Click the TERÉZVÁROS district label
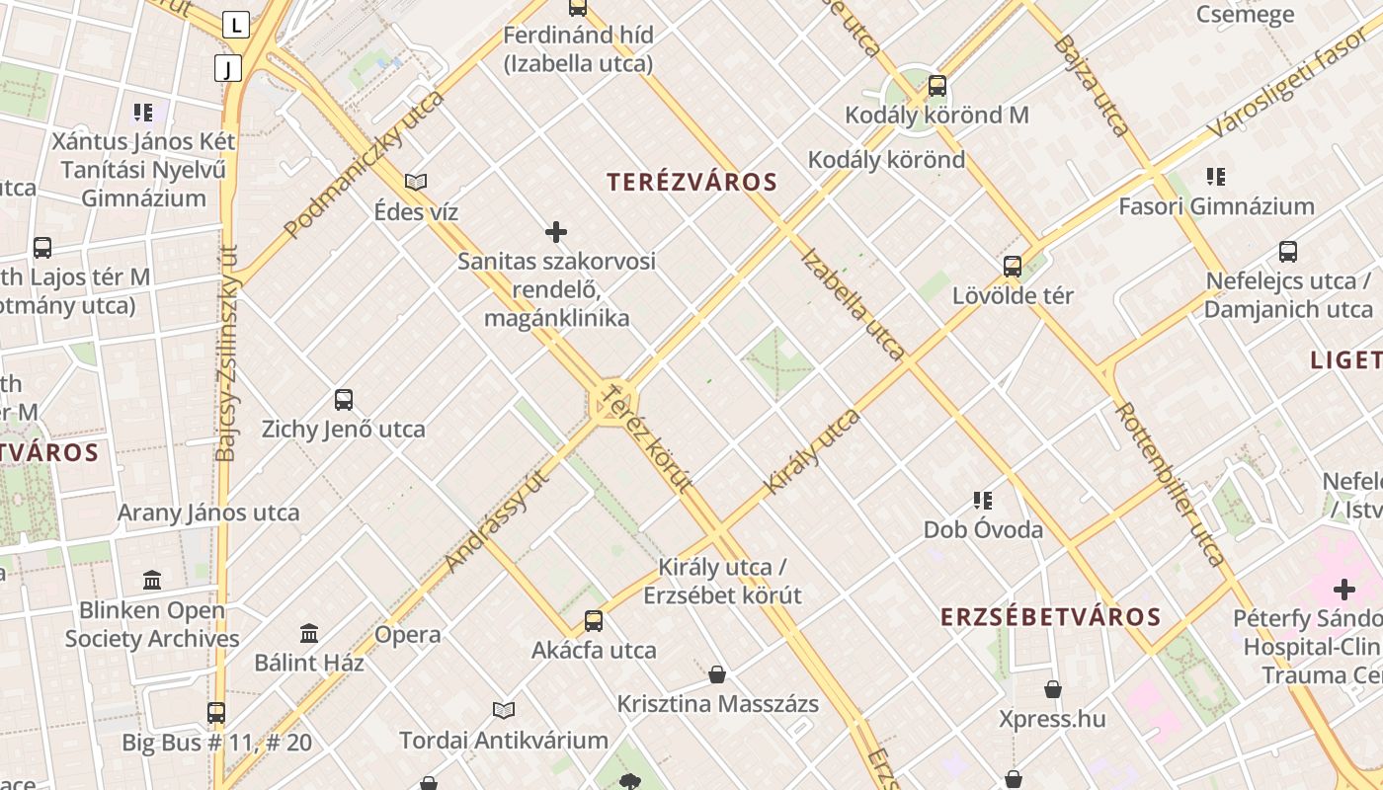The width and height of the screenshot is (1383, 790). click(x=692, y=182)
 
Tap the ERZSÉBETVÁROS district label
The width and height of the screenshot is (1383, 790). click(x=1050, y=617)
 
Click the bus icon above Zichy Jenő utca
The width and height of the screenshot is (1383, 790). click(x=344, y=400)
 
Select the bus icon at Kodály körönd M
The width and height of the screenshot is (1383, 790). click(x=937, y=86)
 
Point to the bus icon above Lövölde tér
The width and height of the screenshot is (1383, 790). click(x=1013, y=266)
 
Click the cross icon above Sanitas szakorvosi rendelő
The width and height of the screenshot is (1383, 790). click(x=556, y=232)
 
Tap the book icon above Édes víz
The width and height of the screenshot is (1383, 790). click(x=416, y=182)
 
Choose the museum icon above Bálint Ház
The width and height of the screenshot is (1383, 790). click(x=309, y=632)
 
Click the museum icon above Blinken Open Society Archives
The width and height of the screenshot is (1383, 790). click(x=152, y=580)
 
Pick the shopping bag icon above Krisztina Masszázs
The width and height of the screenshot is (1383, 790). click(x=717, y=674)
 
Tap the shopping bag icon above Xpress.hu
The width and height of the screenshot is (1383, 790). click(x=1053, y=688)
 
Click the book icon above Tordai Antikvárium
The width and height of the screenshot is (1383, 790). click(x=504, y=710)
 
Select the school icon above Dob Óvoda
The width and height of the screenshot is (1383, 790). click(x=982, y=501)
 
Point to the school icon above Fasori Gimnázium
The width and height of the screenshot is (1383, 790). click(x=1216, y=177)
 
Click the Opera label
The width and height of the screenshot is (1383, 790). click(x=408, y=635)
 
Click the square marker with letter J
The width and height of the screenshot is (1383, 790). click(x=228, y=68)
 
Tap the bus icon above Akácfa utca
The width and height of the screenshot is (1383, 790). click(x=594, y=620)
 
